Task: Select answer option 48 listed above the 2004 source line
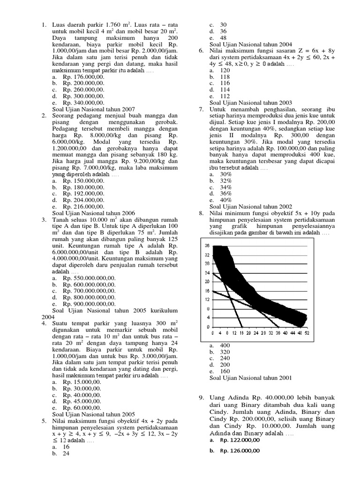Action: point(223,37)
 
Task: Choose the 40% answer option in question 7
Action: point(225,200)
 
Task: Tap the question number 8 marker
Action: point(201,213)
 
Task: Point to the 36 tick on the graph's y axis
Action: point(207,246)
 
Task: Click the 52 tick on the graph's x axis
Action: point(307,334)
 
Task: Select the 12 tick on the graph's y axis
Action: point(207,299)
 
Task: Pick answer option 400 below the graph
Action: point(225,345)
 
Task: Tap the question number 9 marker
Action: point(201,398)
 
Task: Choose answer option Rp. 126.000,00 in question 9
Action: point(239,451)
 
